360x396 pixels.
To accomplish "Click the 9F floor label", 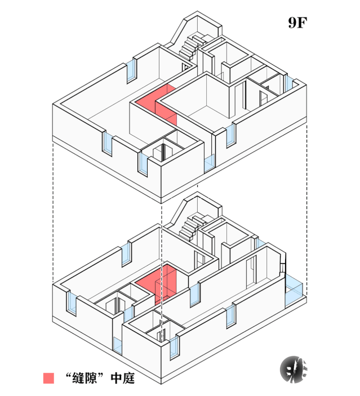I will tap(297, 23).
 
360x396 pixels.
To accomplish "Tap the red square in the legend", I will tap(50, 378).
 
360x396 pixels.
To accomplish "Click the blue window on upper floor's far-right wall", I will tap(289, 83).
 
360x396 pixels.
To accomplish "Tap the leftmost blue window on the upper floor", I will tap(107, 143).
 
